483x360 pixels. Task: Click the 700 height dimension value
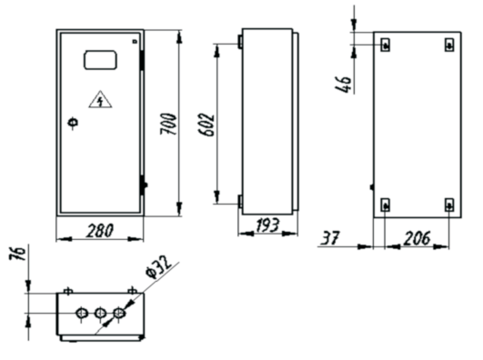[x=168, y=124]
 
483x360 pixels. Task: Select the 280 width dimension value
[x=100, y=231]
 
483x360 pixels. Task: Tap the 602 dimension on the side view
[x=206, y=125]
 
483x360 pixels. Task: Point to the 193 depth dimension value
[x=267, y=225]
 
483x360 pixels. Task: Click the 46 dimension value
[x=343, y=84]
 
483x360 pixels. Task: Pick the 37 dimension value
[x=330, y=238]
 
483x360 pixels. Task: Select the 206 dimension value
[x=417, y=238]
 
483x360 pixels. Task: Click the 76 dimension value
[x=17, y=254]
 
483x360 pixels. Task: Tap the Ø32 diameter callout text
[x=158, y=266]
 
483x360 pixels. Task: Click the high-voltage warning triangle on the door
[x=100, y=99]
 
